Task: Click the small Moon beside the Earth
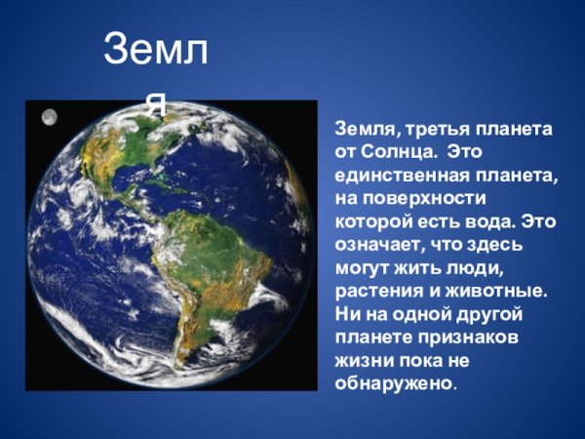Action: click(49, 118)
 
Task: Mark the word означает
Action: click(377, 245)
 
